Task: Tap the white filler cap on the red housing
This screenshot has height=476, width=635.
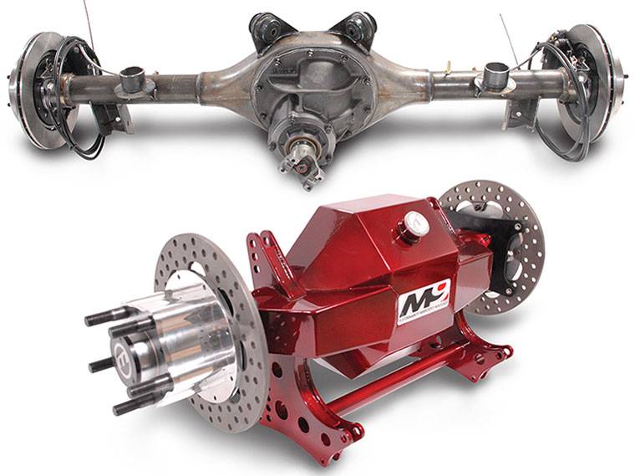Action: pos(415,223)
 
